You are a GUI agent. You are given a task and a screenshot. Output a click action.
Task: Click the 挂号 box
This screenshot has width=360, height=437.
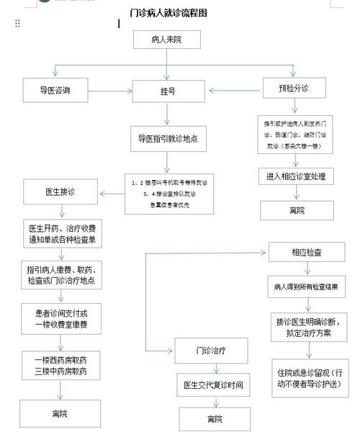(x=167, y=92)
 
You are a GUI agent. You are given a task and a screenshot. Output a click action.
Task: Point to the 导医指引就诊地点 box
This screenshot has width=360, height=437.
(x=168, y=138)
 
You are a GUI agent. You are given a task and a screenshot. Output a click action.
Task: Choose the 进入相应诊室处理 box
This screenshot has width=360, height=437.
(x=296, y=176)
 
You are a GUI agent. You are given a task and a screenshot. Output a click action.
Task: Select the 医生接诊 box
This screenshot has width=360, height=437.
(x=60, y=192)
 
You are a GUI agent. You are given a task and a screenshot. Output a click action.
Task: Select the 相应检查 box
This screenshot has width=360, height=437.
(x=307, y=253)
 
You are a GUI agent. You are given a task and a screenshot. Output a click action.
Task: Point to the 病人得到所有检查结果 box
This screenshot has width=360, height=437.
(x=307, y=286)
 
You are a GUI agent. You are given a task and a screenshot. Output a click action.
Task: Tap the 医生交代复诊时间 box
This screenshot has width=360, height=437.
(x=214, y=386)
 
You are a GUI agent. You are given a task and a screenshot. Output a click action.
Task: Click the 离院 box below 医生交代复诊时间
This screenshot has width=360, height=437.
(x=214, y=419)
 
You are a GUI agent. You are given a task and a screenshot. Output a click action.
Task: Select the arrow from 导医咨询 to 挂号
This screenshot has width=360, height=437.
(x=110, y=92)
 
